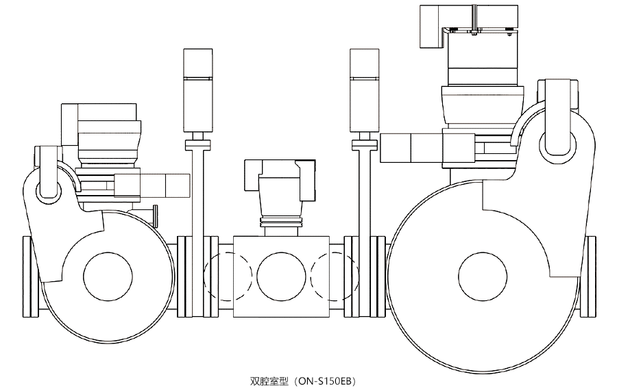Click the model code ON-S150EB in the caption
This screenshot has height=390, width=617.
click(328, 380)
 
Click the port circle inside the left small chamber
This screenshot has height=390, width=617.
click(108, 276)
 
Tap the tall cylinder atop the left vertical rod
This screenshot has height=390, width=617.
click(197, 89)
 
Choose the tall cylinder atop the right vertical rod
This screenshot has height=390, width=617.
click(363, 89)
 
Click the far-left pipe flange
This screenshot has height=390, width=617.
click(28, 276)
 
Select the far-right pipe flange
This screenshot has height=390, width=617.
click(592, 276)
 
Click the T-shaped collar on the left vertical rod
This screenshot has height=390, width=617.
click(197, 144)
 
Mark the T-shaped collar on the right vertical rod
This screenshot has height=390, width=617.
click(363, 144)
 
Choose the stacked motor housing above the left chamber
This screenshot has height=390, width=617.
click(103, 130)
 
